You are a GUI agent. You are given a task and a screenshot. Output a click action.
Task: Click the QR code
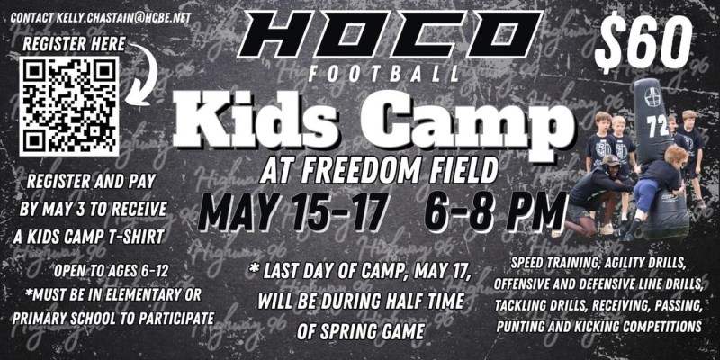(69, 106)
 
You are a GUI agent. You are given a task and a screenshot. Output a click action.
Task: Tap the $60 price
(643, 42)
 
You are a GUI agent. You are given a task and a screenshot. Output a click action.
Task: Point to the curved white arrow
(143, 74)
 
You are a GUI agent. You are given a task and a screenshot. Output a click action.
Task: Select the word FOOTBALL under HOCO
(384, 75)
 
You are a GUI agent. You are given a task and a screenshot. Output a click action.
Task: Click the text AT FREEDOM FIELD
(379, 170)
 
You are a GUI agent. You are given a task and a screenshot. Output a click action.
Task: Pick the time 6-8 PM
(495, 211)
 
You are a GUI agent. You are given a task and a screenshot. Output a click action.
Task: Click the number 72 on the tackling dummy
(659, 127)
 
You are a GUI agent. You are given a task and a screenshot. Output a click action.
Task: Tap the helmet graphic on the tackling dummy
(652, 96)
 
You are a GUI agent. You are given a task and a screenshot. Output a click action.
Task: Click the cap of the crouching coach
(611, 160)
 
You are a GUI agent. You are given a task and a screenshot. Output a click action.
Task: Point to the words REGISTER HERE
(74, 44)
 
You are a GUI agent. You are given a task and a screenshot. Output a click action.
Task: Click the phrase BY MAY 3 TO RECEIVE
(93, 210)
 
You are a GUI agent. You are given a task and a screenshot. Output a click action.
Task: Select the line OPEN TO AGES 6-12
(111, 272)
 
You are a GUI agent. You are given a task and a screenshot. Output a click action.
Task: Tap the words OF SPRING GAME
(361, 330)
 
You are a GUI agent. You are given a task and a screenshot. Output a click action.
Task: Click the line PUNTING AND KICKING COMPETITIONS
(598, 327)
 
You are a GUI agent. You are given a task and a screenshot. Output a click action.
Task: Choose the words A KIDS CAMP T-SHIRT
(88, 237)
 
